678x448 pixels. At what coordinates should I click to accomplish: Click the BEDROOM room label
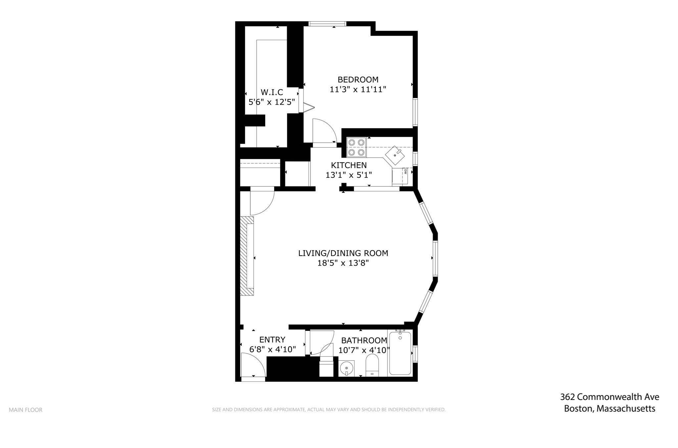coord(358,79)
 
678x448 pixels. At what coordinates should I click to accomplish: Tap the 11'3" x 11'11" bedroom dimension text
coord(358,89)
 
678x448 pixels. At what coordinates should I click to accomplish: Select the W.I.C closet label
coord(272,92)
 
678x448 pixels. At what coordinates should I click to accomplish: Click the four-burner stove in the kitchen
coord(356,147)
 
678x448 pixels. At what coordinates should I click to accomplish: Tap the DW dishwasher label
coord(405,171)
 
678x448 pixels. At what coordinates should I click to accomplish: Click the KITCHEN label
coord(349,165)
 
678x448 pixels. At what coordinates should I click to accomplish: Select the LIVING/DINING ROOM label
coord(343,253)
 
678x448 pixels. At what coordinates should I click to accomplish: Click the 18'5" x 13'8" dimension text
coord(343,263)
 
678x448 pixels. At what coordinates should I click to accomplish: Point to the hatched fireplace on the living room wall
coord(247,256)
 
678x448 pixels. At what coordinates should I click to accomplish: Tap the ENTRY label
coord(272,339)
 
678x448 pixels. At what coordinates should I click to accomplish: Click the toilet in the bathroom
coord(372,366)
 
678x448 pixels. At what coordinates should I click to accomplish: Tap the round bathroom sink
coord(346,368)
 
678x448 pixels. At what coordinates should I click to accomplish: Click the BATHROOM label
coord(364,340)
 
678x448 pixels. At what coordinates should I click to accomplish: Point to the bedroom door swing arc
coord(324,131)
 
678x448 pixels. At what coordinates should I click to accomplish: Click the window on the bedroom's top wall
coord(327,24)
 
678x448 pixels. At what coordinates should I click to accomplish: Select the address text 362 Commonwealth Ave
coord(609,397)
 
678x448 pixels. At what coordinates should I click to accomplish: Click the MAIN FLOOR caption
coord(25,410)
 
